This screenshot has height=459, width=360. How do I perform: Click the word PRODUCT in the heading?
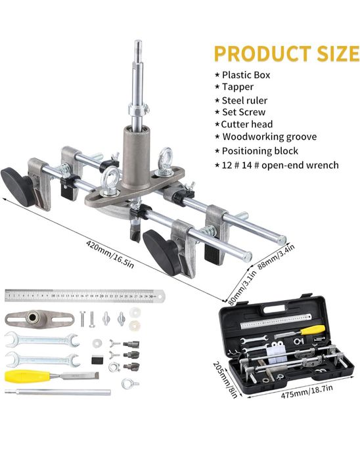tap(263, 54)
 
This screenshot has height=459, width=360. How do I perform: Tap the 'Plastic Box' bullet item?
tap(246, 75)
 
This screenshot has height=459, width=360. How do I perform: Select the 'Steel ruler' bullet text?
tap(244, 100)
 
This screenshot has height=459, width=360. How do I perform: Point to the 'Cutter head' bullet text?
tap(246, 124)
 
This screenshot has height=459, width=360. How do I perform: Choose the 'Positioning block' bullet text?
tap(260, 151)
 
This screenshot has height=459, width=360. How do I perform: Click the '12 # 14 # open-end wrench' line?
tap(281, 165)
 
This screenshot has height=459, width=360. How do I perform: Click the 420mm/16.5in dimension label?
tap(110, 254)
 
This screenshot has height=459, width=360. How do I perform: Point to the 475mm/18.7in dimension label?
tap(307, 391)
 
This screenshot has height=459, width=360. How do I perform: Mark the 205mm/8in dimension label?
tap(225, 380)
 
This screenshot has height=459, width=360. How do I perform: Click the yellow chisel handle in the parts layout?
tap(27, 376)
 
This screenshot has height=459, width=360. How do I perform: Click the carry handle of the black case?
tap(274, 309)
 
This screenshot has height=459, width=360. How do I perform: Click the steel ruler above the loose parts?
tap(85, 295)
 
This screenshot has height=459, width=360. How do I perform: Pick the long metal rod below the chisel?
tap(58, 392)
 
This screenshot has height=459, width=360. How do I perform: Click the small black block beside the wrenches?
tap(97, 359)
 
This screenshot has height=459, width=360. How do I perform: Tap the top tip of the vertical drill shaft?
tap(138, 41)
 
